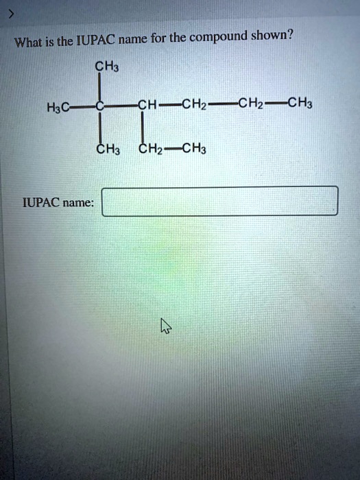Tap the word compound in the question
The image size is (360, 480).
point(218,38)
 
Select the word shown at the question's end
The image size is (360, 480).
point(272,36)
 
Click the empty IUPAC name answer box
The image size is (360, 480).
point(220,201)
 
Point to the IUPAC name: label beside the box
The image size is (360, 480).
point(58,202)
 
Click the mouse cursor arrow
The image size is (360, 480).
point(166,326)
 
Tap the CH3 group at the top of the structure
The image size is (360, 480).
point(107,67)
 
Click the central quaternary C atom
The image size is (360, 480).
point(99,106)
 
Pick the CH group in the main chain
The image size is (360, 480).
point(147,105)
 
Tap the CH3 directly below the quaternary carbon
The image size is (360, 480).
point(108,149)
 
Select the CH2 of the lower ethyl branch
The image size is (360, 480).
point(151,149)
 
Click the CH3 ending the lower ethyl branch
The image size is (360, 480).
point(194,149)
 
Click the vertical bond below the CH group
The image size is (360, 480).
point(143,126)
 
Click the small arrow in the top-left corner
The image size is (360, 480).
point(11,14)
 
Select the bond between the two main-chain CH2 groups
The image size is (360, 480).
point(223,104)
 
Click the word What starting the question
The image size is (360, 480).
point(29,42)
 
